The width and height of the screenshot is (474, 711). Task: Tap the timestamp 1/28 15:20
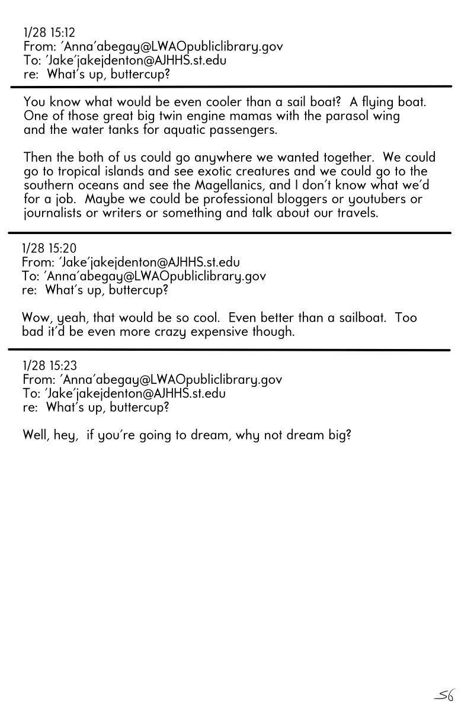49,248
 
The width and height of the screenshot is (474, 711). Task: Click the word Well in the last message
36,435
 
